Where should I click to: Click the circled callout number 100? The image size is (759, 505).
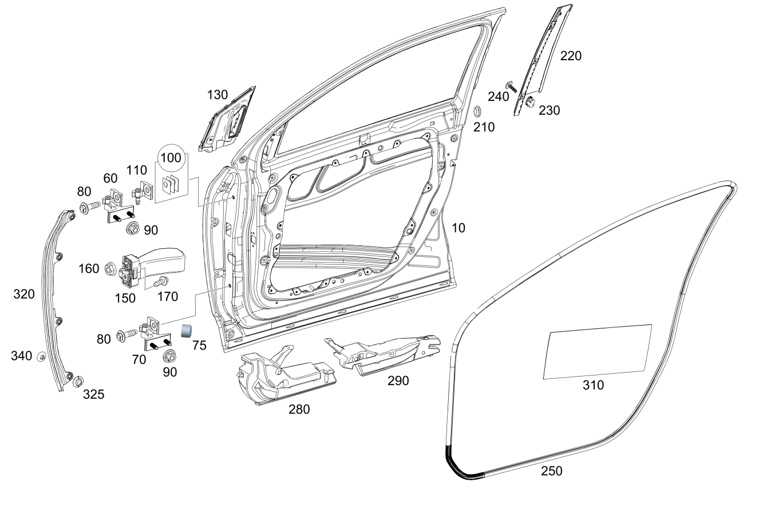(171, 158)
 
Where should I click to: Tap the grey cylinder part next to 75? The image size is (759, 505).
(187, 331)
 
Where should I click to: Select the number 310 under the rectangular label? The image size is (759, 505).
(594, 385)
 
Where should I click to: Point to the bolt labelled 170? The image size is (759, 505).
(161, 281)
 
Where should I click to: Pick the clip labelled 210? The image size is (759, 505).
(477, 111)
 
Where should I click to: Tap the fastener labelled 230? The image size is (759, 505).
(529, 101)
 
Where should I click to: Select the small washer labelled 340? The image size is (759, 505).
(42, 357)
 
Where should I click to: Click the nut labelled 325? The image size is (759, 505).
(78, 382)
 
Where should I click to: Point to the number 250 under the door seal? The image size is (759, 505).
(552, 471)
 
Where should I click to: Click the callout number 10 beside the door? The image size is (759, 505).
(458, 228)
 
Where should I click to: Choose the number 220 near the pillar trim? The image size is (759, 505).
(571, 56)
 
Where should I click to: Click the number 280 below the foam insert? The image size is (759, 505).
(299, 410)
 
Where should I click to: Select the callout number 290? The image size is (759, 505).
(398, 381)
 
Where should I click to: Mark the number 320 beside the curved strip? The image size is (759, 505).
(24, 294)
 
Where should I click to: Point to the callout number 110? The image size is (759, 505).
(137, 170)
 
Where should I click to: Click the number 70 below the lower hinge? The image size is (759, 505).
(139, 360)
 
